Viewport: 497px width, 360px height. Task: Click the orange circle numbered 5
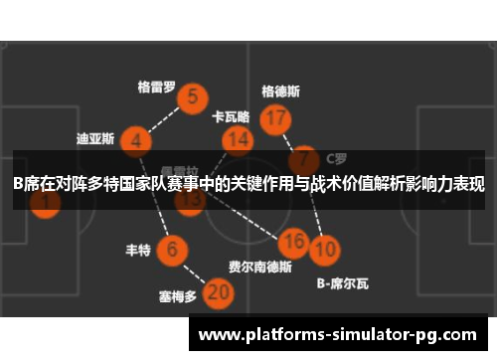pos(192,97)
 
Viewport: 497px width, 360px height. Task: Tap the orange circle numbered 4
pos(135,141)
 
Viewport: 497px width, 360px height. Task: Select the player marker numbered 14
pos(237,140)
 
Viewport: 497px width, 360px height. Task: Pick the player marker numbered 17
pos(275,119)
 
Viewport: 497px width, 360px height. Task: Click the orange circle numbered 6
pos(173,249)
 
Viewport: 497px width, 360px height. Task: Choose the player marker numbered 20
pos(219,292)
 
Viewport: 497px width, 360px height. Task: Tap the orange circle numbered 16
pos(292,242)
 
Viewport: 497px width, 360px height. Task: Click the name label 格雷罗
pos(156,86)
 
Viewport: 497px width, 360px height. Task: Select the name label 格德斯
pos(280,90)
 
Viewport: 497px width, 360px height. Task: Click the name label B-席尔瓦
pos(342,283)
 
